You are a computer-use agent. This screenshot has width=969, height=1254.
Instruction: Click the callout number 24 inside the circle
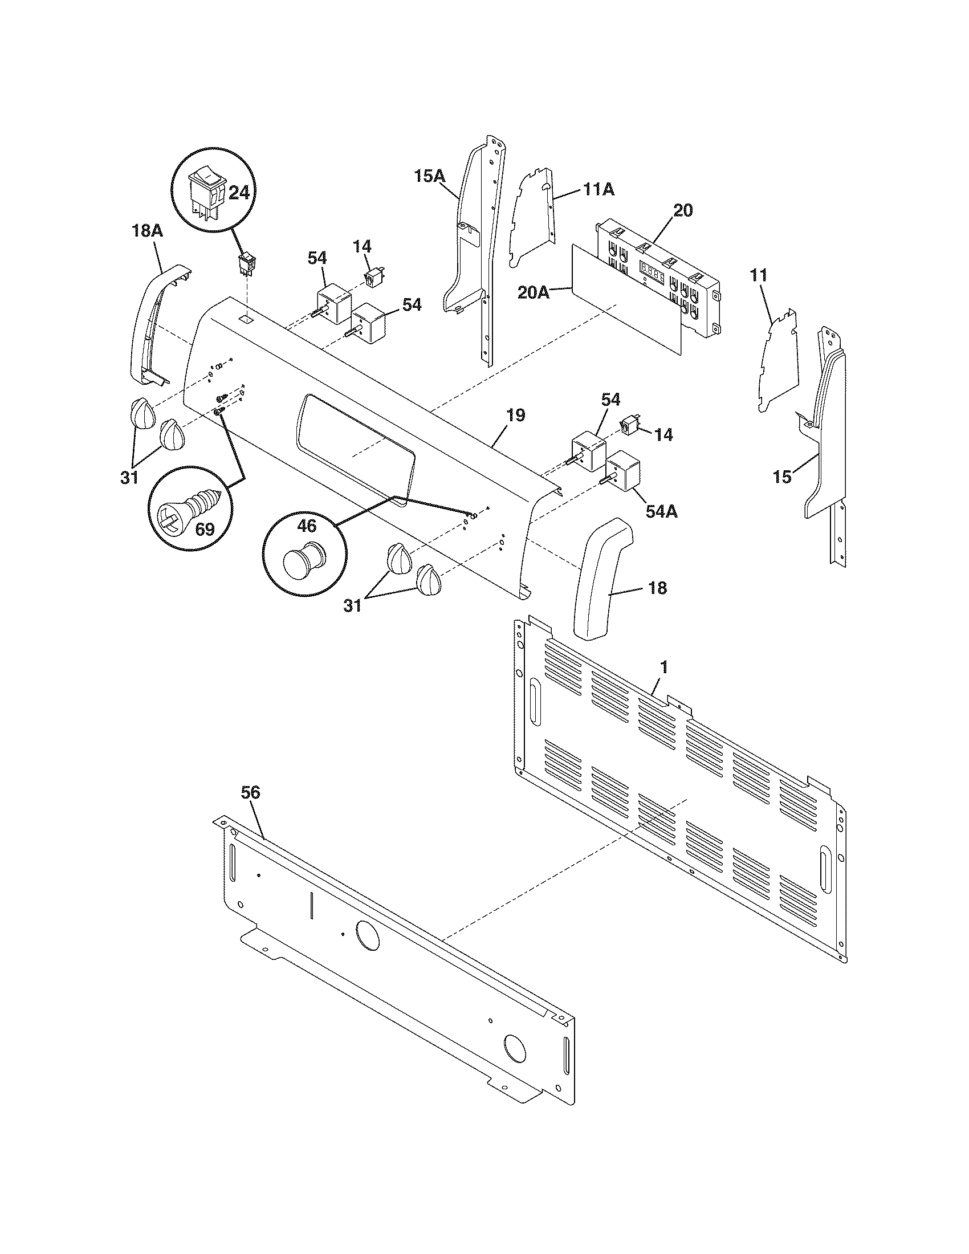coord(239,193)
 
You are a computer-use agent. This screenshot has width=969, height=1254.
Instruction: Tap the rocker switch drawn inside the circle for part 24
coord(205,193)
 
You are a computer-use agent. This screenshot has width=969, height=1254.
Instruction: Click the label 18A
coord(147,231)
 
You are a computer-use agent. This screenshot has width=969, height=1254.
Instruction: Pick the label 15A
coord(430,176)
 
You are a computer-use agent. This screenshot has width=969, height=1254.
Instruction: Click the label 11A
coord(599,189)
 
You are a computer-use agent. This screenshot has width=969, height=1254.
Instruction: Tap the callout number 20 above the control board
coord(682,210)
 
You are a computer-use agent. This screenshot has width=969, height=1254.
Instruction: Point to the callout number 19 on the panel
coord(515,415)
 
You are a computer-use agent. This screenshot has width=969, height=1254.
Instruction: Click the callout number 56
coord(250,793)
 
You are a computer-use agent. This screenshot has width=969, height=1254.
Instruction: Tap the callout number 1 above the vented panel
coord(664,667)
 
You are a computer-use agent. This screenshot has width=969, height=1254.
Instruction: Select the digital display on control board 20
coord(652,269)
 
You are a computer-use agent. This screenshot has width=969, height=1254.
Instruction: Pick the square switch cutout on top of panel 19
coord(246,317)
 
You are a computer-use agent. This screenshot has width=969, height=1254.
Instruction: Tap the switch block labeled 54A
coord(624,471)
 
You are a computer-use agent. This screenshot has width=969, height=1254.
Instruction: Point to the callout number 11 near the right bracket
coord(758,275)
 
